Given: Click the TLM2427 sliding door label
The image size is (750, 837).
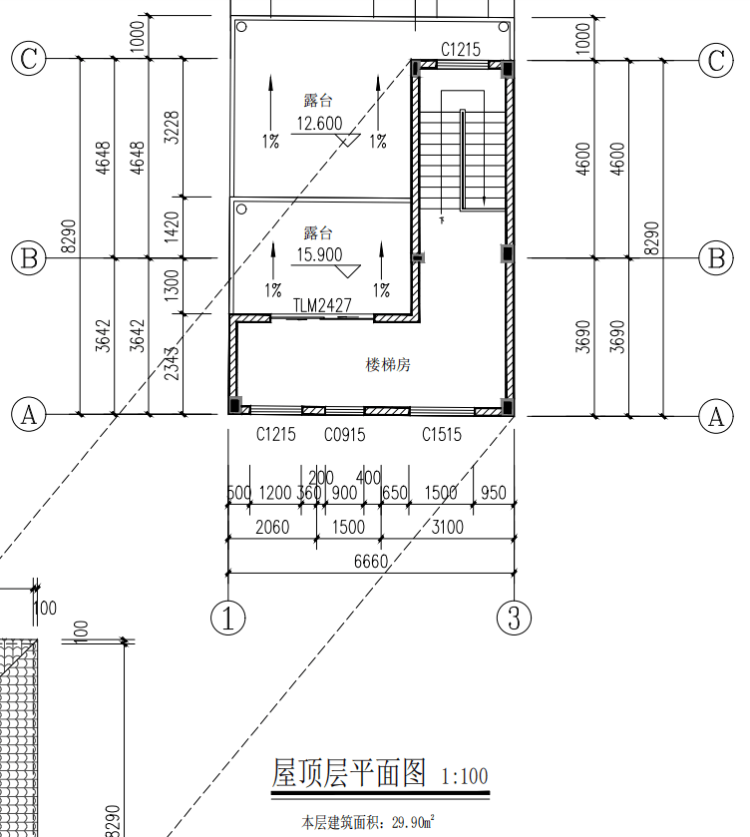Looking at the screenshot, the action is tap(322, 305).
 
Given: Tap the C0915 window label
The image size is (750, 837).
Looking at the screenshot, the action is tap(345, 435).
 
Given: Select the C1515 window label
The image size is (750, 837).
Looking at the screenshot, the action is tap(442, 435).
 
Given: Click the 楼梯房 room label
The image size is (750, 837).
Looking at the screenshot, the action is tap(388, 365).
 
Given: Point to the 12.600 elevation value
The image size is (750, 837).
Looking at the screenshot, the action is tap(319, 124).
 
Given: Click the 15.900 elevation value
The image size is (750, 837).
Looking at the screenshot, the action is tap(319, 254).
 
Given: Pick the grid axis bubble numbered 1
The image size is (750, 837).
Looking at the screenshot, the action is tap(228, 618).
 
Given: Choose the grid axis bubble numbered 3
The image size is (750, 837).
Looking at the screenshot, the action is tap(514, 618).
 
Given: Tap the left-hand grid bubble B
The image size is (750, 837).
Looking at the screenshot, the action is tap(29, 257).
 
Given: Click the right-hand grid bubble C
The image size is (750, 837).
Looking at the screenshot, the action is tap(716, 60).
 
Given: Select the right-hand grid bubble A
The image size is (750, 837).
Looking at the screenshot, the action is tap(716, 416).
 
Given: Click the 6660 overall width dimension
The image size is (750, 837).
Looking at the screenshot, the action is tap(370, 562).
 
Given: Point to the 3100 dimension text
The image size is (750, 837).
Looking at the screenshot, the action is tap(448, 528).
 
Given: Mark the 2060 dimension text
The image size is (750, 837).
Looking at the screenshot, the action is tap(272, 528).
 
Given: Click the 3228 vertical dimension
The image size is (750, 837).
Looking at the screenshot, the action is tap(172, 127).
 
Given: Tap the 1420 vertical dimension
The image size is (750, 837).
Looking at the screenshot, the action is tap(172, 227).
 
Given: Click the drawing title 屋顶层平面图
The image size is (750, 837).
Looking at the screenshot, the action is tap(349, 773).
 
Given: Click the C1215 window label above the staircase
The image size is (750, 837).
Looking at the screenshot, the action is tap(461, 50).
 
